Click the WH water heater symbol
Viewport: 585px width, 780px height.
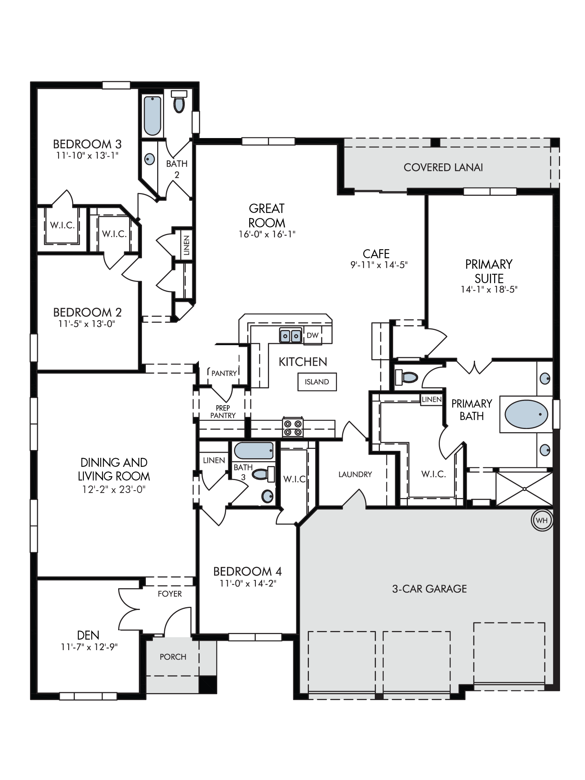(x=542, y=520)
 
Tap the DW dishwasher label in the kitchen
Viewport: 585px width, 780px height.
(x=312, y=335)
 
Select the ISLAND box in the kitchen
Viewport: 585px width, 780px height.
(x=317, y=382)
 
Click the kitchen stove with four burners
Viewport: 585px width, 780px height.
(x=293, y=427)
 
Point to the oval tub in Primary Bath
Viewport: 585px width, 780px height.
(x=526, y=414)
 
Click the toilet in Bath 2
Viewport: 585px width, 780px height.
(x=179, y=102)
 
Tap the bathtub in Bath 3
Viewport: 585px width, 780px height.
(x=254, y=451)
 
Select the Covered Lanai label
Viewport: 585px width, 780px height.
(x=443, y=168)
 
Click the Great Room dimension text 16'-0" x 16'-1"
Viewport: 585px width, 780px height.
(x=267, y=234)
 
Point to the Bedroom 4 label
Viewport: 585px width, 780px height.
(x=247, y=572)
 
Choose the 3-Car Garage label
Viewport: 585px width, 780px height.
(x=429, y=589)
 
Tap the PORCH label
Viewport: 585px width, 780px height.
(x=173, y=657)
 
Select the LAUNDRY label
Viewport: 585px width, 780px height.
(x=355, y=475)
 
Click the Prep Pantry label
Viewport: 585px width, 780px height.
(x=223, y=412)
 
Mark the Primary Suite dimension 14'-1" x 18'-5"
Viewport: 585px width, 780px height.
(x=489, y=290)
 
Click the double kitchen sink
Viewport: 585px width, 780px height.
(x=291, y=335)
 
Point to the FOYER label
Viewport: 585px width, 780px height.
(x=170, y=594)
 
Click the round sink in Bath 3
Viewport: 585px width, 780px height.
(x=267, y=496)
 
